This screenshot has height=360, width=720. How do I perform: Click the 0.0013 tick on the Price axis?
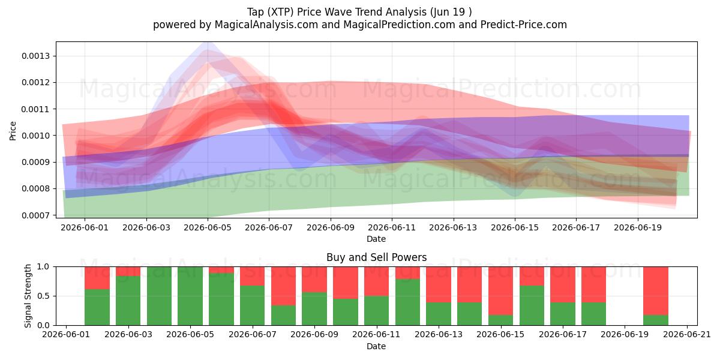pyautogui.click(x=36, y=56)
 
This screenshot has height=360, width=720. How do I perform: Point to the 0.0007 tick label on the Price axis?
pyautogui.click(x=36, y=215)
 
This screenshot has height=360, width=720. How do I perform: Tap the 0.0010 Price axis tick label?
pyautogui.click(x=36, y=136)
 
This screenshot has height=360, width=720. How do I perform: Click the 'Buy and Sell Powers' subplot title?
pyautogui.click(x=376, y=257)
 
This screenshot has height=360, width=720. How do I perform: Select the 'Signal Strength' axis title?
pyautogui.click(x=28, y=296)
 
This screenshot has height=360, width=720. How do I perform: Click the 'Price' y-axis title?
pyautogui.click(x=13, y=131)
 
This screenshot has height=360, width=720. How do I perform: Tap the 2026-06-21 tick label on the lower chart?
pyautogui.click(x=687, y=334)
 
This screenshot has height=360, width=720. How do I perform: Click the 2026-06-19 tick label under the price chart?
pyautogui.click(x=638, y=227)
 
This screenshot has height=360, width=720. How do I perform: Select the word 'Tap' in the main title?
pyautogui.click(x=255, y=12)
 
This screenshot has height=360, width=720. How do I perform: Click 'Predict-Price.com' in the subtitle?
pyautogui.click(x=524, y=25)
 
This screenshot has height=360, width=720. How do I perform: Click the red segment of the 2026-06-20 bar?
pyautogui.click(x=656, y=290)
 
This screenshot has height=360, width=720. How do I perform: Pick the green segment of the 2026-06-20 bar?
pyautogui.click(x=656, y=320)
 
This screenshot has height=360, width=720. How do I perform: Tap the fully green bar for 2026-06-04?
pyautogui.click(x=159, y=296)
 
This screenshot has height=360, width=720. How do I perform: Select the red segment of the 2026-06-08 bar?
pyautogui.click(x=283, y=286)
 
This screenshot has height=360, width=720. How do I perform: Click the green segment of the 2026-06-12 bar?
pyautogui.click(x=407, y=302)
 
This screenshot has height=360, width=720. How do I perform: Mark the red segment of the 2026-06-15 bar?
pyautogui.click(x=501, y=290)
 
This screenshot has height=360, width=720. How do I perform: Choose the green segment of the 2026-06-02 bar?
pyautogui.click(x=97, y=307)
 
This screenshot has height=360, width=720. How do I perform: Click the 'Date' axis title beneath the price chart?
pyautogui.click(x=376, y=239)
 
